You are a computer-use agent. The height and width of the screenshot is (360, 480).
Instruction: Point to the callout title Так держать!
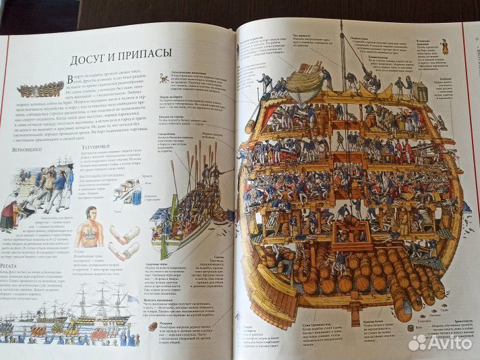pos(302,35)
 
